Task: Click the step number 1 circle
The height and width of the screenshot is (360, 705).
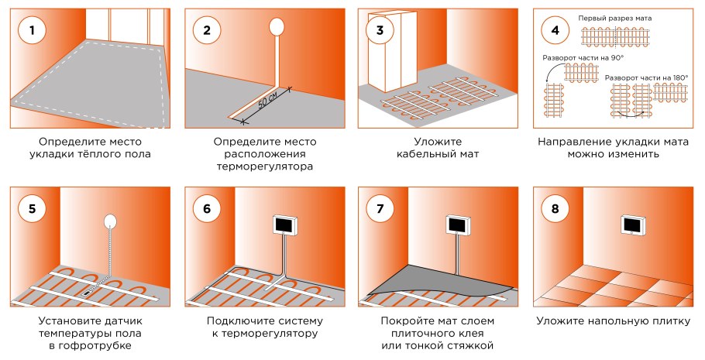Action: pos(31,31)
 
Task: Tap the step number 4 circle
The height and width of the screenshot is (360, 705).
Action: pos(555,31)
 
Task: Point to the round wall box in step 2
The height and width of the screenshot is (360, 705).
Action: pos(277,27)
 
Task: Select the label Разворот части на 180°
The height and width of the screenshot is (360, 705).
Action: pos(646,77)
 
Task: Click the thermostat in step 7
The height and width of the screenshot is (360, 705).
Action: pos(459,225)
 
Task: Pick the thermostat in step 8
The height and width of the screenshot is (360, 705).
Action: pos(634,225)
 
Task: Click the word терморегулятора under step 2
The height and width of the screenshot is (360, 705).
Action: pos(265,166)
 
